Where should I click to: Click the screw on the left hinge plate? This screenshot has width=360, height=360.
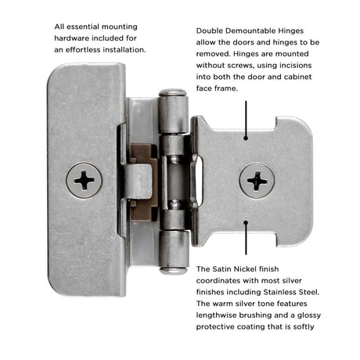click(84, 180)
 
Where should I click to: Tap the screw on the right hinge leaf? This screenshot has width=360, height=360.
click(257, 181)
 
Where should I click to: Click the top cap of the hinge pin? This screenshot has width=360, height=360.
click(173, 92)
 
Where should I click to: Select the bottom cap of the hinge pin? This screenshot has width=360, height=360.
click(174, 271)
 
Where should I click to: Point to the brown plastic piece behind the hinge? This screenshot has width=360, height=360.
click(144, 182)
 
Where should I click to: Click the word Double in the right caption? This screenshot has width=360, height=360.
click(210, 31)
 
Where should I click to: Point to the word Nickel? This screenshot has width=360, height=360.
click(245, 269)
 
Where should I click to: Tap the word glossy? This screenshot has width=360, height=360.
click(309, 315)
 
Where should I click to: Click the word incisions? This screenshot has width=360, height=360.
click(295, 65)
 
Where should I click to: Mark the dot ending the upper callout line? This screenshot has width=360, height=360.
click(246, 138)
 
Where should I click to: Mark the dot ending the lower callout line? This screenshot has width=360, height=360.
click(246, 222)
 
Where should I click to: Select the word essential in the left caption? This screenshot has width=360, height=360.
click(83, 27)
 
